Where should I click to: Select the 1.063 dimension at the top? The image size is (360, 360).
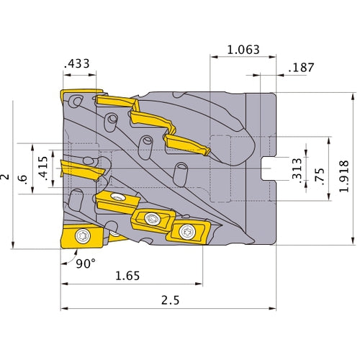(243, 50)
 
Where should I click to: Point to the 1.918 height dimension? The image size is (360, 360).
(345, 168)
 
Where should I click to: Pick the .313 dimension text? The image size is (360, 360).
(297, 168)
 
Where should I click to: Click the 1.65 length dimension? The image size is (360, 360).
(128, 275)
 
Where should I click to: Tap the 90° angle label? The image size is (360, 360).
(85, 264)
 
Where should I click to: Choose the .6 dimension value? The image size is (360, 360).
(26, 184)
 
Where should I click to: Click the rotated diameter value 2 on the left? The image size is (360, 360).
(6, 175)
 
